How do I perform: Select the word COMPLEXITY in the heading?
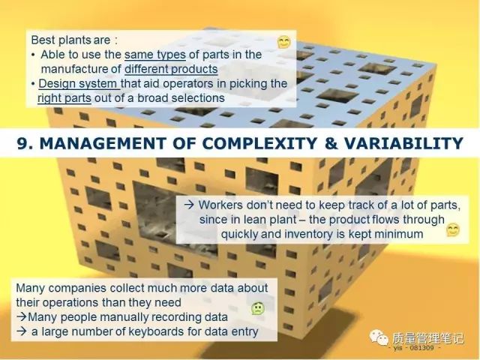pyautogui.click(x=260, y=143)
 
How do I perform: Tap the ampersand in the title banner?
pyautogui.click(x=331, y=143)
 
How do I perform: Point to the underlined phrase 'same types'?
pyautogui.click(x=155, y=55)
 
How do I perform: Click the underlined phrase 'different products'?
pyautogui.click(x=171, y=69)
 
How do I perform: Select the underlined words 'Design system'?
pyautogui.click(x=79, y=83)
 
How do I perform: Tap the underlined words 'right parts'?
pyautogui.click(x=64, y=98)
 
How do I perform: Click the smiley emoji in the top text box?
pyautogui.click(x=284, y=42)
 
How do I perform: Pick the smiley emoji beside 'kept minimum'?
pyautogui.click(x=453, y=230)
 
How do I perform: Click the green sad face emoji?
pyautogui.click(x=258, y=308)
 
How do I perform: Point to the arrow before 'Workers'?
pyautogui.click(x=189, y=205)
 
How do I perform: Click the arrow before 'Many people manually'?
pyautogui.click(x=22, y=316)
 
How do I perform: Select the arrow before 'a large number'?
pyautogui.click(x=22, y=331)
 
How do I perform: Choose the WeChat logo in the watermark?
pyautogui.click(x=379, y=337)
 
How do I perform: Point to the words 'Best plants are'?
pyautogui.click(x=70, y=40)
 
